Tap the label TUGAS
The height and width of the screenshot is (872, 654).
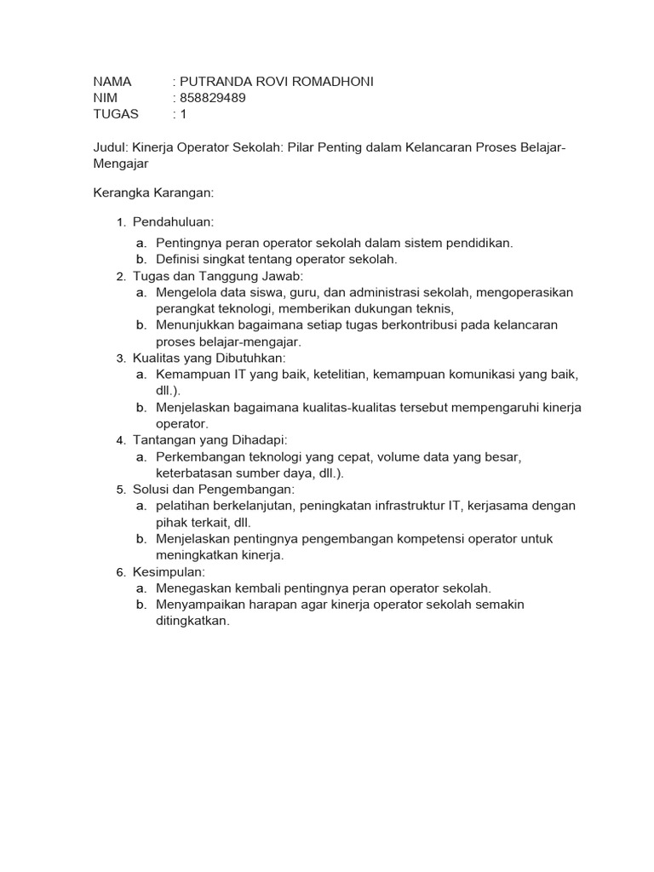(115, 113)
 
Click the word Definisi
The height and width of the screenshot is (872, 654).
(179, 259)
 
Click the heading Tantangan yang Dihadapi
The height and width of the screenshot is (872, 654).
(210, 440)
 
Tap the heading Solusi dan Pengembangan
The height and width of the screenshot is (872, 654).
(213, 490)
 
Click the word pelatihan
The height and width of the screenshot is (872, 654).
(181, 506)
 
